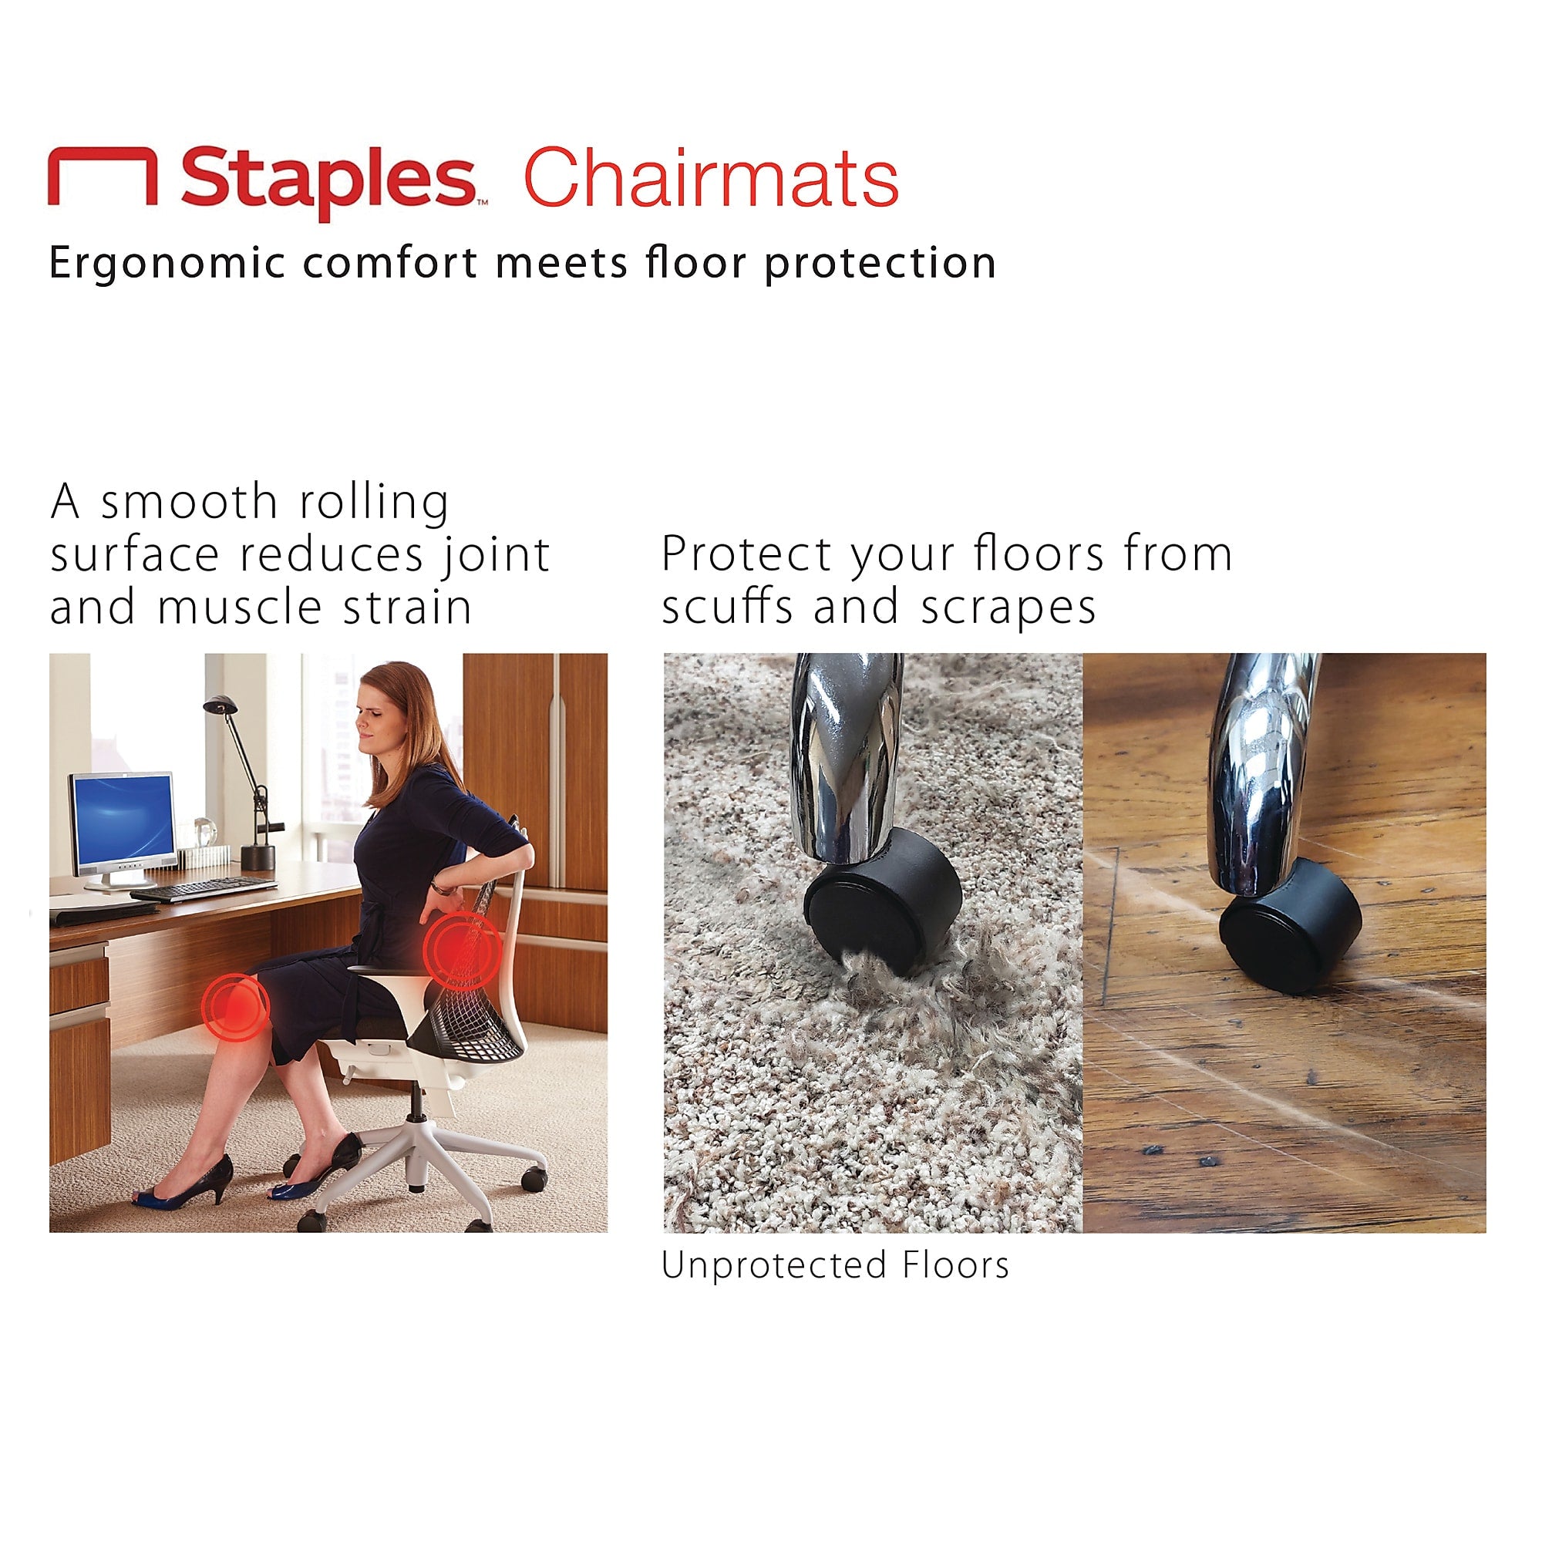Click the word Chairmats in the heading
click(710, 179)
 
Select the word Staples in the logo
click(327, 179)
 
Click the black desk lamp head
click(221, 704)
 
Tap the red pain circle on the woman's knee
click(234, 1006)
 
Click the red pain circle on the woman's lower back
click(462, 951)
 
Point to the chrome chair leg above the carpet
click(844, 758)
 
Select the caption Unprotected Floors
click(835, 1266)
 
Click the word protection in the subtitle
click(880, 264)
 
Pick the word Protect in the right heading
click(746, 554)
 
